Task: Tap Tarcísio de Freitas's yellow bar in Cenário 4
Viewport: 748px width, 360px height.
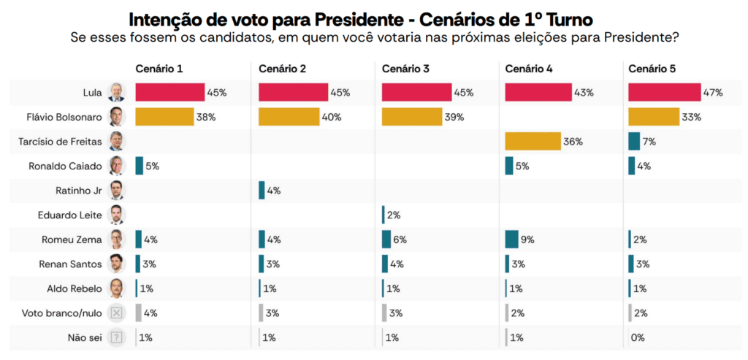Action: pos(533,142)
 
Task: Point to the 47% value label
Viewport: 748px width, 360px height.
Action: pos(713,93)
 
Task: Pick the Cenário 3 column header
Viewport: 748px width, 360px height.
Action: pos(405,69)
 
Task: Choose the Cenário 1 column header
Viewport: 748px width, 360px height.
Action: pos(159,69)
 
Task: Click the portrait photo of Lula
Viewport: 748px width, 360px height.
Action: pos(117,93)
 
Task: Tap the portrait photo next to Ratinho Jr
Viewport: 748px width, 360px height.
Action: pos(117,191)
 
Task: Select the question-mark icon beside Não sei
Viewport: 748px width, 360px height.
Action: pos(117,337)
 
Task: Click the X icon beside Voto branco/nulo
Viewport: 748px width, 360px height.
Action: pos(117,313)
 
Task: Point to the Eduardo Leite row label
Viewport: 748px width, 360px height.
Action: pos(69,215)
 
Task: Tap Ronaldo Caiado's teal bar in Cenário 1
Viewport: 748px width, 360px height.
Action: pos(139,166)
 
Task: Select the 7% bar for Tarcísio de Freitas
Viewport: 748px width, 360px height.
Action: pos(633,142)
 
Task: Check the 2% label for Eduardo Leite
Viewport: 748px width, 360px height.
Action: pos(394,215)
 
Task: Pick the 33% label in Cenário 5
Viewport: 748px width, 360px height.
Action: pos(691,117)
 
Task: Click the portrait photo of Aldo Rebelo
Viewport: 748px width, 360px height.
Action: pos(117,288)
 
